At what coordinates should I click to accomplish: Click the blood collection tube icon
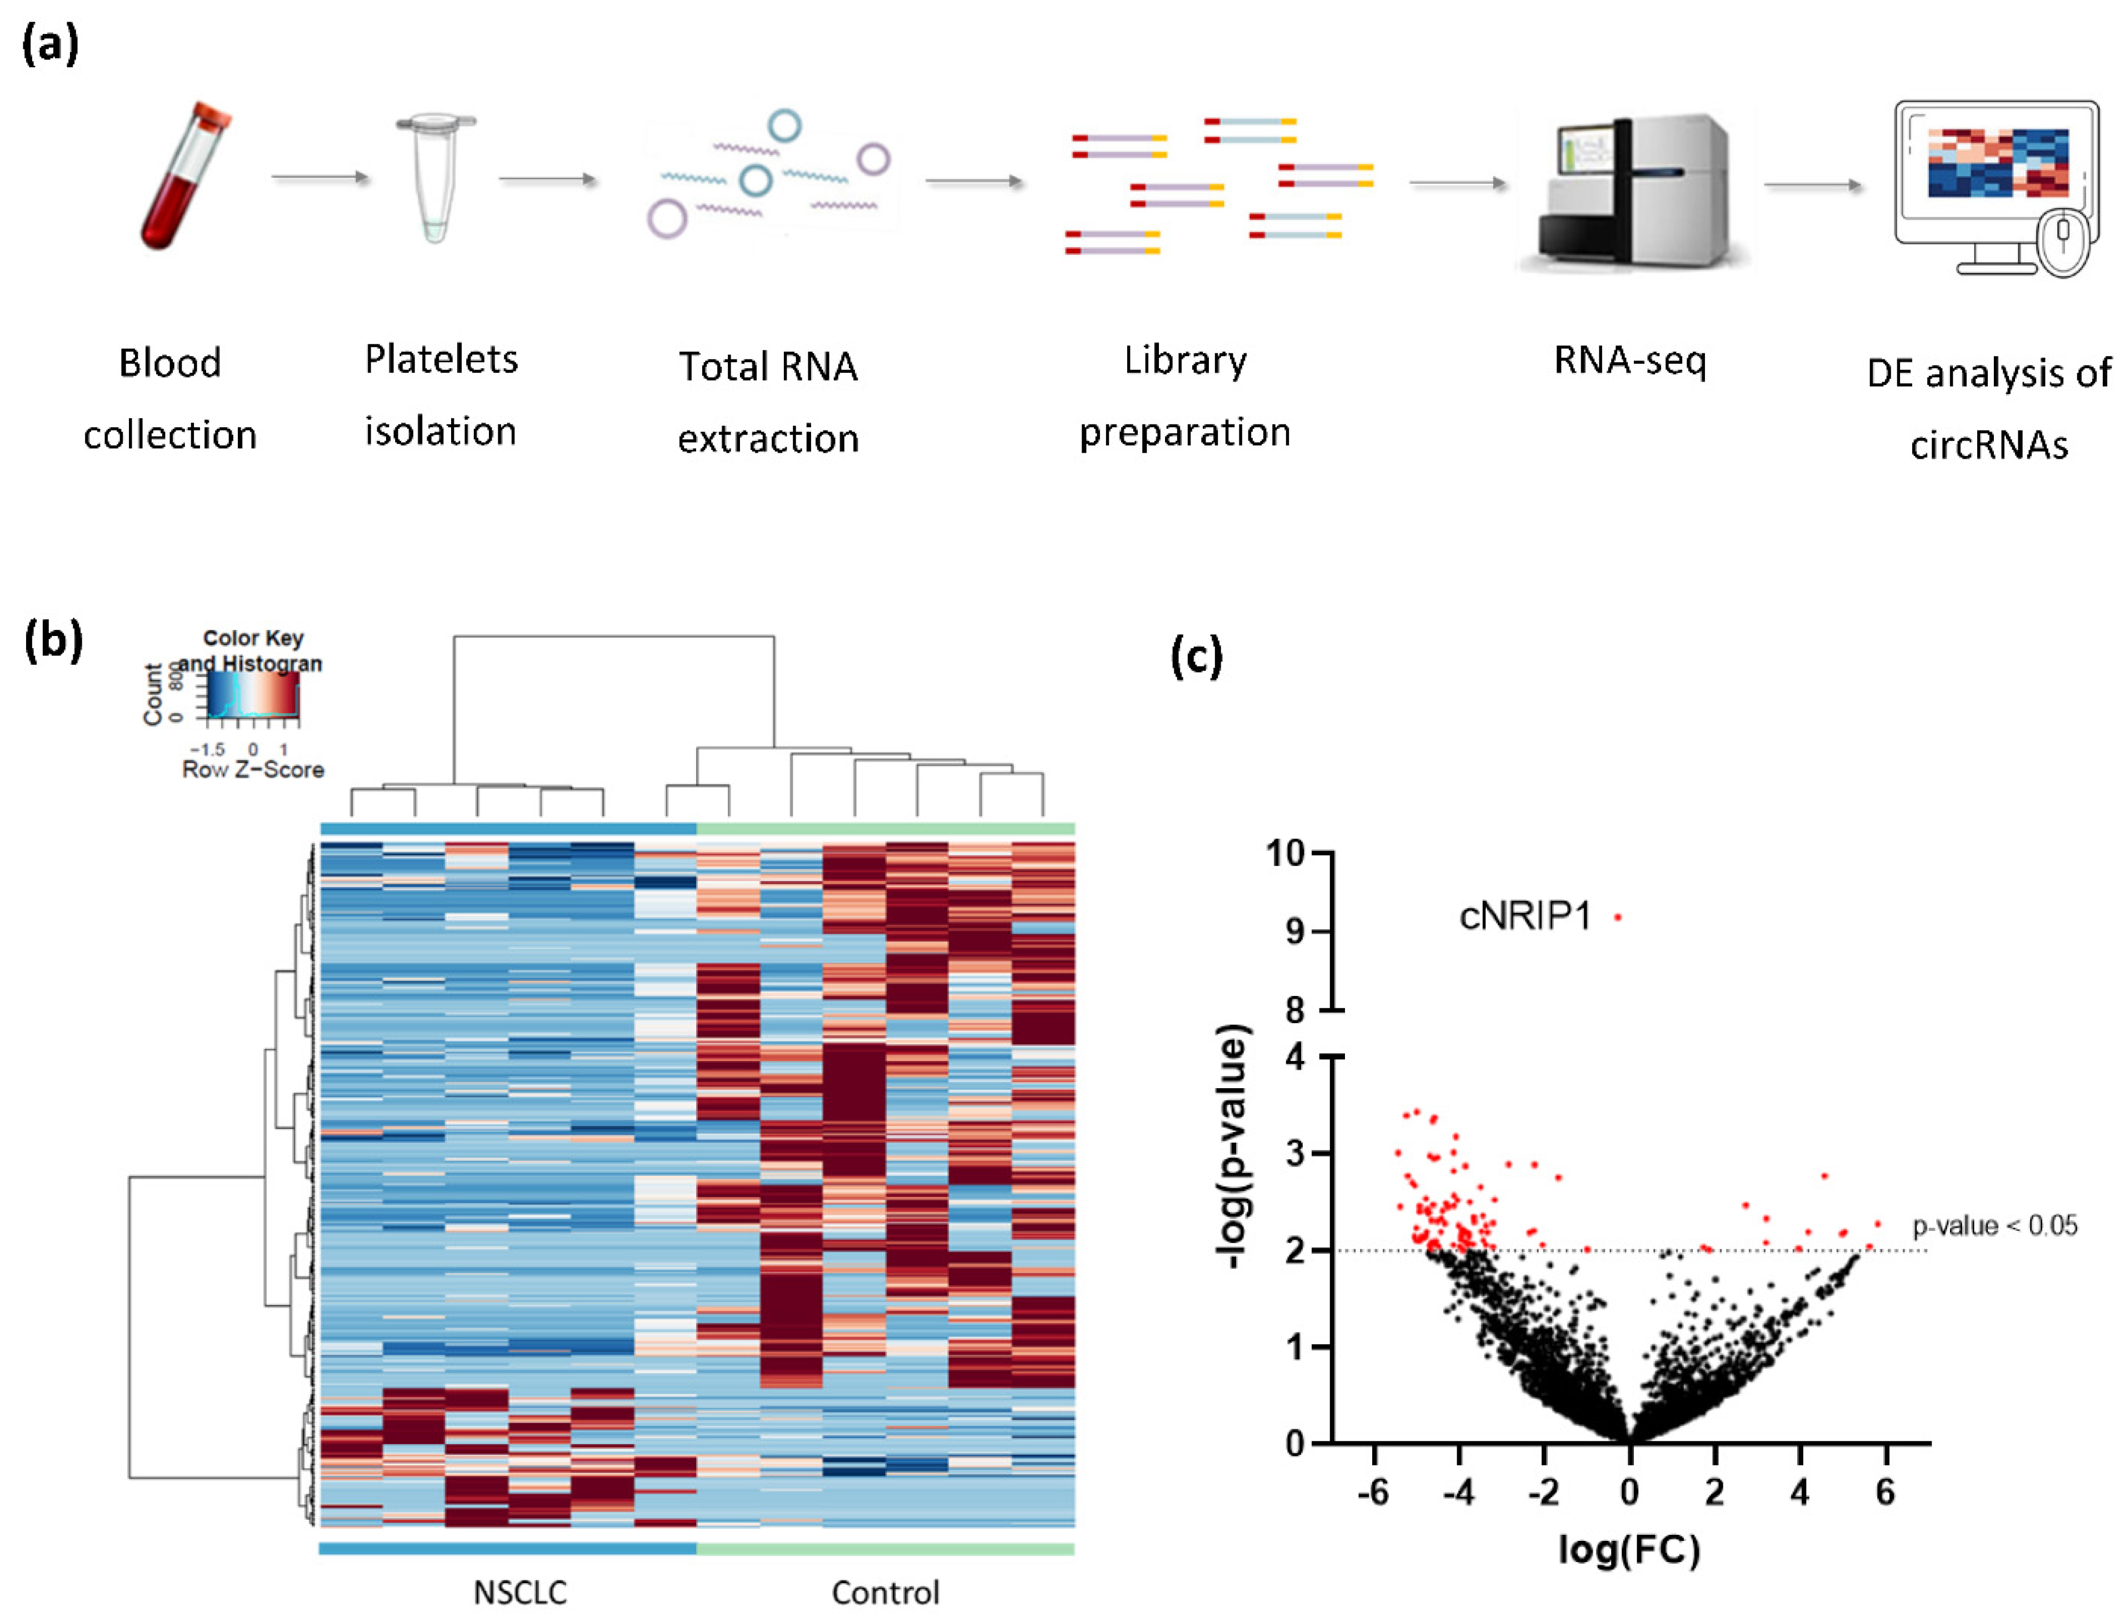pos(183,176)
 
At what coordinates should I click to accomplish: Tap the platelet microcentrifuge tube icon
pos(434,179)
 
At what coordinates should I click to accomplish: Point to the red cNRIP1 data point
pos(1617,917)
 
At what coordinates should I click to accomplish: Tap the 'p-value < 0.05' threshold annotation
pos(1994,1226)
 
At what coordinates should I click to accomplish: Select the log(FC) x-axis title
pos(1629,1550)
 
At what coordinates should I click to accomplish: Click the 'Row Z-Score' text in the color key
pos(253,769)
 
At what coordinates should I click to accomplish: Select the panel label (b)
pos(53,640)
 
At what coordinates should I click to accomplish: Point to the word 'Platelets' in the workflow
pos(441,360)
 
